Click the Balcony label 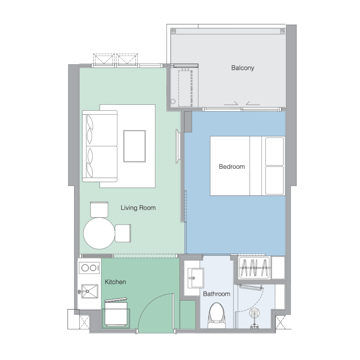(243, 68)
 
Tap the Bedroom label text (232, 166)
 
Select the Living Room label (138, 208)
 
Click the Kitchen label (115, 282)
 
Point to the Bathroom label (216, 294)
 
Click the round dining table (99, 233)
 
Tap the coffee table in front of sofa (134, 146)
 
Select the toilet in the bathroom (217, 315)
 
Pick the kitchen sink (90, 291)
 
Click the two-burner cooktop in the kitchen (89, 268)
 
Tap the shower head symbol (255, 313)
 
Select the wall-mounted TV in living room (177, 146)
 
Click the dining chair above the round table (99, 210)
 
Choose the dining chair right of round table (123, 233)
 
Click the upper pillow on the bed (274, 151)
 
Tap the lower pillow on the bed (274, 180)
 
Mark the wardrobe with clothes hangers (255, 268)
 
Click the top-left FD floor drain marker (174, 31)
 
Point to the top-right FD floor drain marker (283, 31)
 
